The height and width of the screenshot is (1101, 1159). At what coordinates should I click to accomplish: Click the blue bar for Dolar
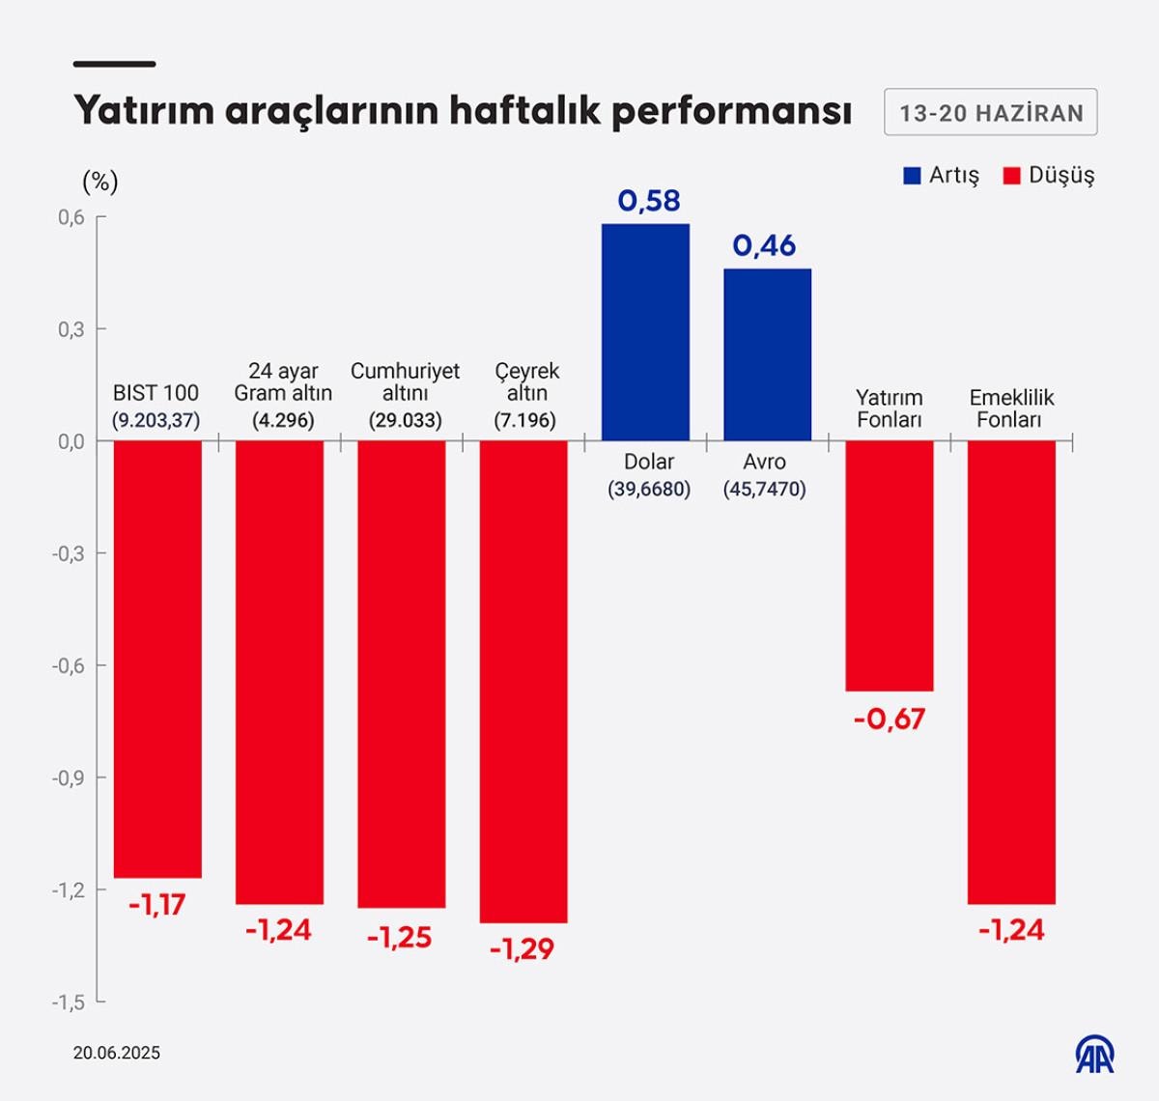(x=645, y=332)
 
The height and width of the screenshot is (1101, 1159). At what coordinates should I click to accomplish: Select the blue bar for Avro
(x=767, y=354)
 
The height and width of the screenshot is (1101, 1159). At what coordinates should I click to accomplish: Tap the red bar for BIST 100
(x=157, y=659)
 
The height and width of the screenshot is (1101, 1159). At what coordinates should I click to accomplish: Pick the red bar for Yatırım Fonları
(x=889, y=565)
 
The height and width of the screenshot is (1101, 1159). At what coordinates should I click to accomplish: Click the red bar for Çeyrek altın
(x=523, y=681)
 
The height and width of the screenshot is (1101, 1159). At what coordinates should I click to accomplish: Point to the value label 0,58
(x=649, y=201)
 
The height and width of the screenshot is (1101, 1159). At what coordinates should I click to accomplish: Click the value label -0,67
(x=889, y=720)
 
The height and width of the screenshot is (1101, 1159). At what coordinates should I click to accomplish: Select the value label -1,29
(x=522, y=949)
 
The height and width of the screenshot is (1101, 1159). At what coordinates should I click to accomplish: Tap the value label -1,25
(x=399, y=938)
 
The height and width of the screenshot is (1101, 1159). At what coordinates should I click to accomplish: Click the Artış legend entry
(x=942, y=176)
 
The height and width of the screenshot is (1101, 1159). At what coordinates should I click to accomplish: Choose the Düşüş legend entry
(x=1050, y=176)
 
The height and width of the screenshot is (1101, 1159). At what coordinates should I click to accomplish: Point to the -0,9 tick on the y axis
(x=68, y=777)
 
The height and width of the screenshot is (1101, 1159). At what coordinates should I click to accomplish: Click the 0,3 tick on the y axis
(x=71, y=329)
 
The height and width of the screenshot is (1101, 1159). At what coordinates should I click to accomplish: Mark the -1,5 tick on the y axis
(x=68, y=1002)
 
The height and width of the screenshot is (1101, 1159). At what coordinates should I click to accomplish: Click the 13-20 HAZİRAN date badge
(x=991, y=113)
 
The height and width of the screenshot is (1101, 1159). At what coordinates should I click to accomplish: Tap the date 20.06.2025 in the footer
(x=117, y=1053)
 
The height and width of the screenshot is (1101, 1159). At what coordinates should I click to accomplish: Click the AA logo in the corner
(x=1095, y=1055)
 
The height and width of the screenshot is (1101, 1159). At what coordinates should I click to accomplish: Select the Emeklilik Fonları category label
(x=1011, y=409)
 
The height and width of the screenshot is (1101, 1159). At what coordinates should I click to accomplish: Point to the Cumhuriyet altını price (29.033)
(x=405, y=421)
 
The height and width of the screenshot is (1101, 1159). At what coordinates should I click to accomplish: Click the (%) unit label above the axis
(x=100, y=182)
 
